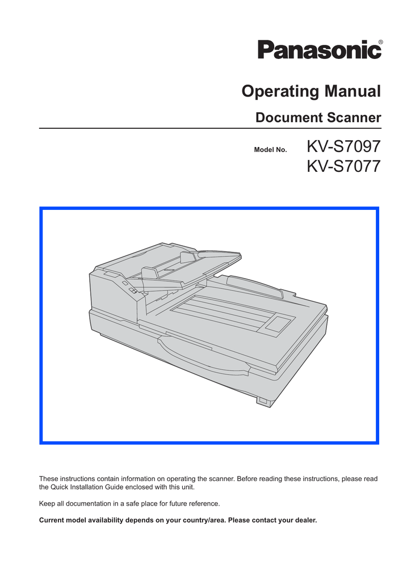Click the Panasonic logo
click(320, 50)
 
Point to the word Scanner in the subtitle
click(354, 118)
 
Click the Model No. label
click(270, 150)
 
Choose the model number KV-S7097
click(342, 148)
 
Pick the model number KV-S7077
click(342, 167)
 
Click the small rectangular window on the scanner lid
click(279, 325)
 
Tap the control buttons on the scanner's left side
click(129, 287)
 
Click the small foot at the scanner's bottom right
click(262, 401)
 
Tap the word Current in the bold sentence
click(52, 520)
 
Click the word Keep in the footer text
click(47, 503)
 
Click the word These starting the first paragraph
click(49, 479)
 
